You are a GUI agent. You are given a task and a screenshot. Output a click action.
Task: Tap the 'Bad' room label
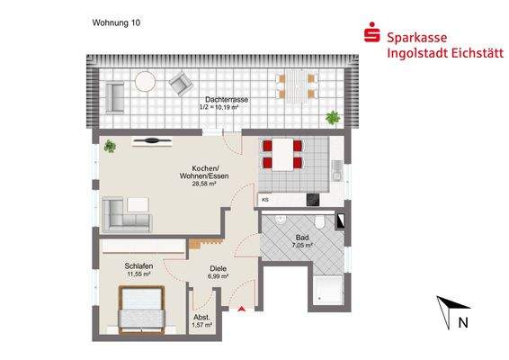pyautogui.click(x=301, y=237)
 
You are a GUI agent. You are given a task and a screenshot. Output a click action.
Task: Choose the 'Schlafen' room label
pyautogui.click(x=138, y=267)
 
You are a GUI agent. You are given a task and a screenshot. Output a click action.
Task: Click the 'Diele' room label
pyautogui.click(x=218, y=267)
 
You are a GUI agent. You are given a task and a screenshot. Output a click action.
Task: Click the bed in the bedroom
pyautogui.click(x=141, y=308)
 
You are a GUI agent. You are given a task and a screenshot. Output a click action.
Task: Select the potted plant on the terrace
pyautogui.click(x=334, y=116)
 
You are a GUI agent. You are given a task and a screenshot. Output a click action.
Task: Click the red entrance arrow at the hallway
pyautogui.click(x=242, y=310)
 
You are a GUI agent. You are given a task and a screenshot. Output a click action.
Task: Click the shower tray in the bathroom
pyautogui.click(x=327, y=290)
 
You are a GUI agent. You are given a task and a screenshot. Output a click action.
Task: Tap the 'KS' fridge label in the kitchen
pyautogui.click(x=265, y=199)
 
